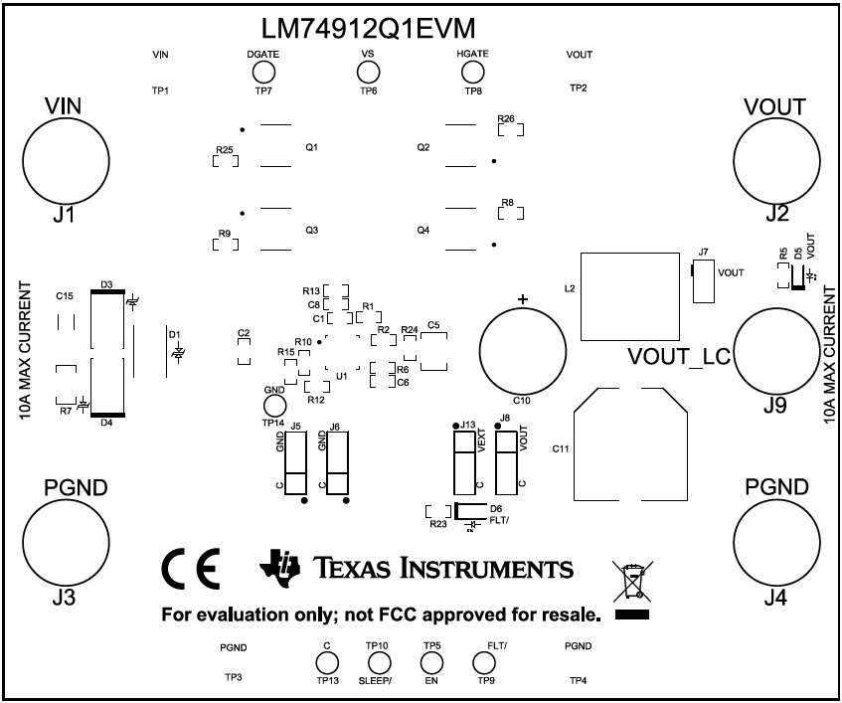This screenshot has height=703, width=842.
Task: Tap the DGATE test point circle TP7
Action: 263,72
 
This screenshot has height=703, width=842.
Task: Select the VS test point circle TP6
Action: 368,72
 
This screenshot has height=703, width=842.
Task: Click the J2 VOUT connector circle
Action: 776,161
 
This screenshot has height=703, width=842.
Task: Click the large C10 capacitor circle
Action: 523,349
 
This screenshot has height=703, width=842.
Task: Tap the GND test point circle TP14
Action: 273,406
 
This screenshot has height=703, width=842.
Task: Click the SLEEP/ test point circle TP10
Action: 378,664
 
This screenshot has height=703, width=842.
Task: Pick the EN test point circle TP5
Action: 430,664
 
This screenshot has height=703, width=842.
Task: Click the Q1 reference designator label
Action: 311,147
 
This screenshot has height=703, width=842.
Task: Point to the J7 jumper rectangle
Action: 703,282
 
